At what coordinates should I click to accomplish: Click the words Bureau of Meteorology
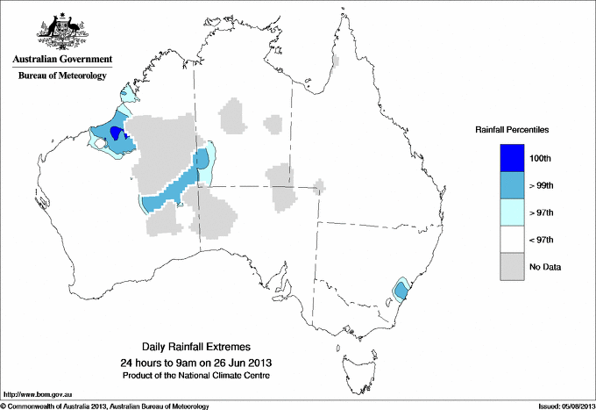(62, 76)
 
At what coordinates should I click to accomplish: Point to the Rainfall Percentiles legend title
(512, 130)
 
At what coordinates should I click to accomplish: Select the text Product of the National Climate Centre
(196, 376)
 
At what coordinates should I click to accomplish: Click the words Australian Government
(62, 61)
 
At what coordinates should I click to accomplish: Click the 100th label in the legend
(540, 158)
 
